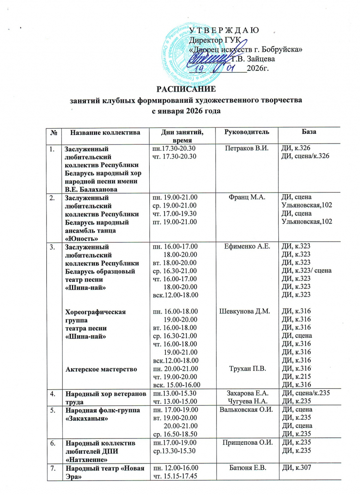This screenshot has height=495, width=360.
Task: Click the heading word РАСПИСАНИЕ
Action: click(x=186, y=89)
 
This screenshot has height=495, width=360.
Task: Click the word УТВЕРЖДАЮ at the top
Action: click(x=224, y=31)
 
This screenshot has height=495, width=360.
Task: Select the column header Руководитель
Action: click(x=246, y=132)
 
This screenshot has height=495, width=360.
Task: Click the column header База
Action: click(x=309, y=132)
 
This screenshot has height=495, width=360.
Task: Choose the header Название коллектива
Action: click(x=105, y=132)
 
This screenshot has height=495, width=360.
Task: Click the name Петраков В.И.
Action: click(x=246, y=148)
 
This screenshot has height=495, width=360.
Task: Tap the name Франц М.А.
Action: click(x=247, y=197)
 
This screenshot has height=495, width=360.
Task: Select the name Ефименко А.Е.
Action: click(x=247, y=246)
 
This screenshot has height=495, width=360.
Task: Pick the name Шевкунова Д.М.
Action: click(x=244, y=311)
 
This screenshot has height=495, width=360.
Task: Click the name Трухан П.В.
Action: click(x=247, y=369)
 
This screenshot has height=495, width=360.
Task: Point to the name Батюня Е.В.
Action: click(x=247, y=468)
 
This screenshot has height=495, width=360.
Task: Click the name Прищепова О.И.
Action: click(x=247, y=442)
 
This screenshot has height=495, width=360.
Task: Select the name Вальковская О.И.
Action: click(x=246, y=409)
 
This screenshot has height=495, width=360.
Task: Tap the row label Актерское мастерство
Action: click(x=101, y=369)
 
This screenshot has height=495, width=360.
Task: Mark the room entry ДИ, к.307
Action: click(x=296, y=468)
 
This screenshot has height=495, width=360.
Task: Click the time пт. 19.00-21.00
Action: click(x=175, y=222)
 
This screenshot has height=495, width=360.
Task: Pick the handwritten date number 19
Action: click(x=199, y=69)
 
